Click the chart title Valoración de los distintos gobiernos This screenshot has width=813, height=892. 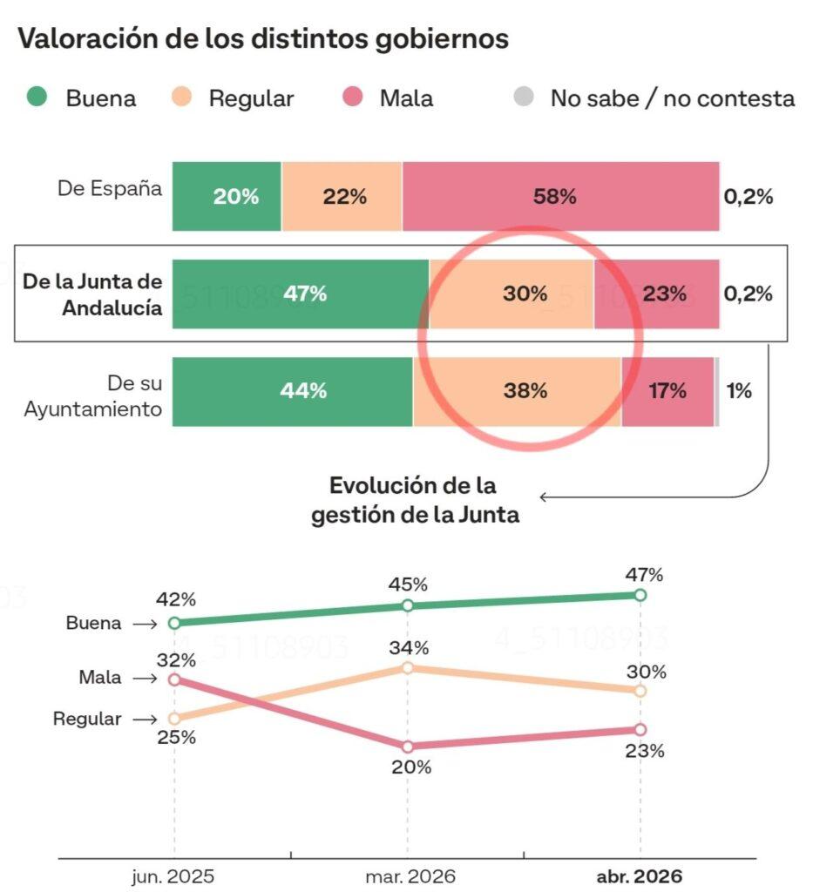click(263, 39)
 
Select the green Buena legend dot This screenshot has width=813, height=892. click(37, 98)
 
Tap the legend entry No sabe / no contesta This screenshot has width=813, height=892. click(672, 98)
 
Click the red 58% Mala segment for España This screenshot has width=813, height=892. click(560, 197)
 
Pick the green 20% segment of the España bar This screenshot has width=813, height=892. click(227, 197)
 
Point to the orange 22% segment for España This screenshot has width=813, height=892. click(342, 197)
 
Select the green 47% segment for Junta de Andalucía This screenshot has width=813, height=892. click(301, 294)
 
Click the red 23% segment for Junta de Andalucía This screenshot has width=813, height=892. click(657, 294)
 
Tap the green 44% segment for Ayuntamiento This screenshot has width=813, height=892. click(293, 392)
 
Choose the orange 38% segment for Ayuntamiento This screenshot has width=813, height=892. click(518, 392)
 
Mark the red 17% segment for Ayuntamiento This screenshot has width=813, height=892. click(667, 392)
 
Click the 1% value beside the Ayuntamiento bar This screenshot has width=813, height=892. click(739, 391)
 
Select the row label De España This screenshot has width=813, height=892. click(110, 188)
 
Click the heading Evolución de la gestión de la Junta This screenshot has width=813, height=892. click(415, 500)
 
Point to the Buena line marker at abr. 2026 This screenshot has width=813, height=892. click(640, 595)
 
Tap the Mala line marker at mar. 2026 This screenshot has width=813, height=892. click(407, 747)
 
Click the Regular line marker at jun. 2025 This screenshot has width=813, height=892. click(174, 719)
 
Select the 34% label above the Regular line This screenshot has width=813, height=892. click(410, 647)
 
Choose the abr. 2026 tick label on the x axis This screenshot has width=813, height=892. click(640, 876)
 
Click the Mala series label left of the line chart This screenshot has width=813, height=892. click(100, 678)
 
